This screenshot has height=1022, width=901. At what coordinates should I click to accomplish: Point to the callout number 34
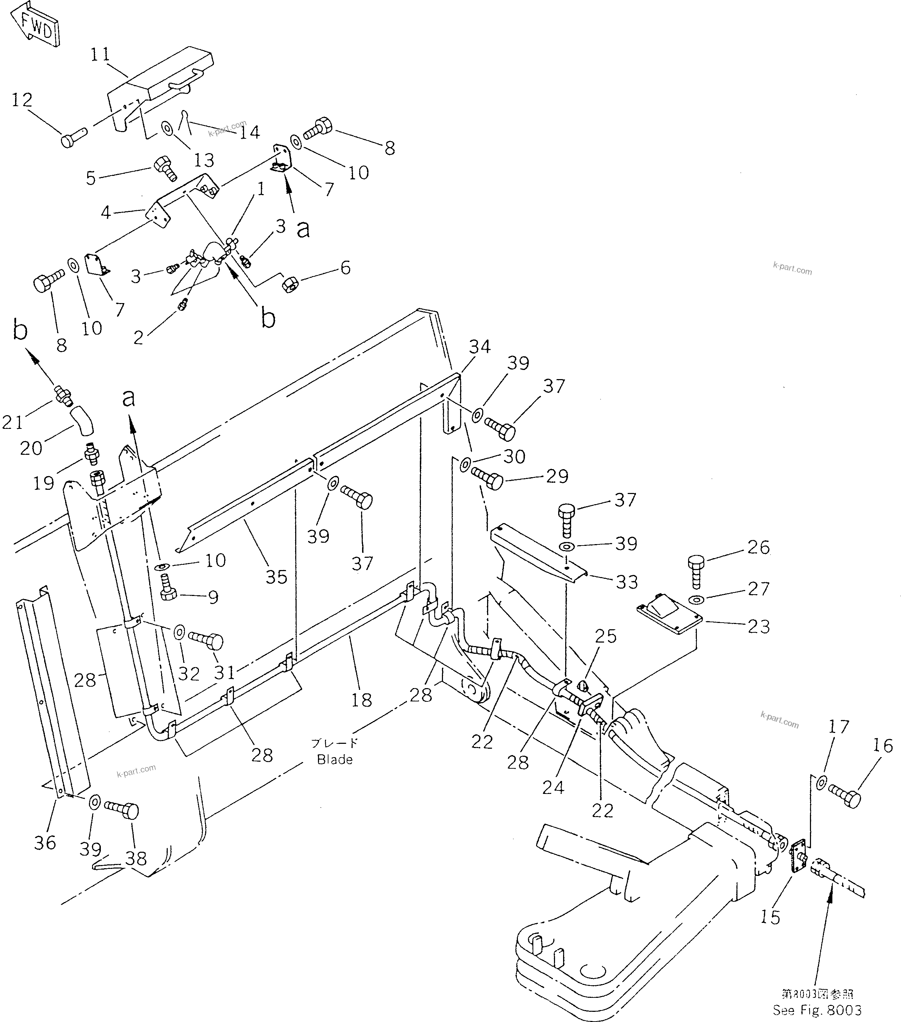480,347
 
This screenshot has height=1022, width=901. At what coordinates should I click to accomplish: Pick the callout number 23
758,626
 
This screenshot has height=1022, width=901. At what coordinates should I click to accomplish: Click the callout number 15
770,918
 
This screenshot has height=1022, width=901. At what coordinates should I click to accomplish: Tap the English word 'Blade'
335,760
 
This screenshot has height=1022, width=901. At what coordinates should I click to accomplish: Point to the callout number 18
361,700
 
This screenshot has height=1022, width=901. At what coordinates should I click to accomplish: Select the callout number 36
45,843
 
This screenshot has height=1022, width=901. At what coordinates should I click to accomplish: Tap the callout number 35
276,576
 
